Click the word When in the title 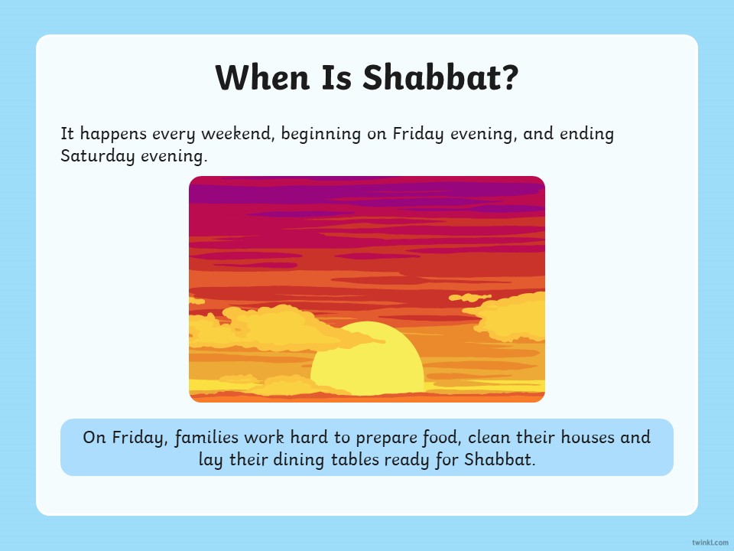click(x=262, y=77)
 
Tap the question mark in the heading click(x=509, y=77)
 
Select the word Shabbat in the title click(x=429, y=77)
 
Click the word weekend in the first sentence click(x=237, y=134)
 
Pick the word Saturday click(x=97, y=156)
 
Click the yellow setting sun click(x=368, y=358)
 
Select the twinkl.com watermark click(x=710, y=543)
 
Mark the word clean click(x=489, y=438)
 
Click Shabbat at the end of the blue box click(x=499, y=460)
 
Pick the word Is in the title click(x=336, y=77)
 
